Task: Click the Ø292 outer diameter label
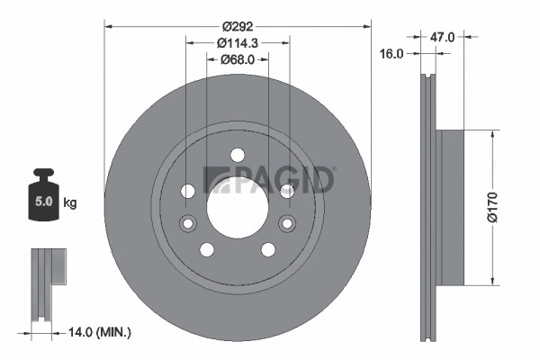pos(238,26)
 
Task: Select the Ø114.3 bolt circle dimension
pos(238,43)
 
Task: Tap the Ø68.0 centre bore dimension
pos(238,59)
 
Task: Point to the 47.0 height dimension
pos(442,37)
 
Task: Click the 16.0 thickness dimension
pos(391,54)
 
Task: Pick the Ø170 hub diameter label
pos(493,207)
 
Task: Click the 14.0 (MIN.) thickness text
pos(100,332)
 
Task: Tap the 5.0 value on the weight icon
pos(44,201)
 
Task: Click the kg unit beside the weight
pos(70,202)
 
